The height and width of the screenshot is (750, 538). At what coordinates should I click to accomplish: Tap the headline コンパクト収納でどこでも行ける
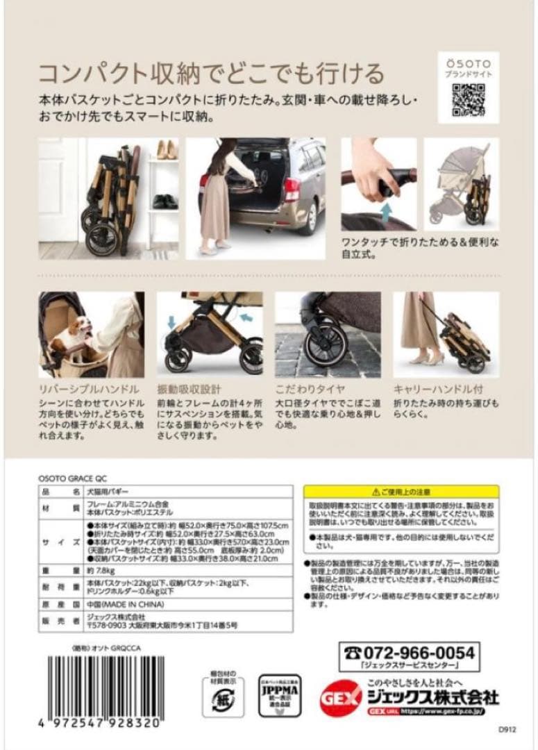(210, 72)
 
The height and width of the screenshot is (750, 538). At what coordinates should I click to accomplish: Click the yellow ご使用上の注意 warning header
(402, 490)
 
